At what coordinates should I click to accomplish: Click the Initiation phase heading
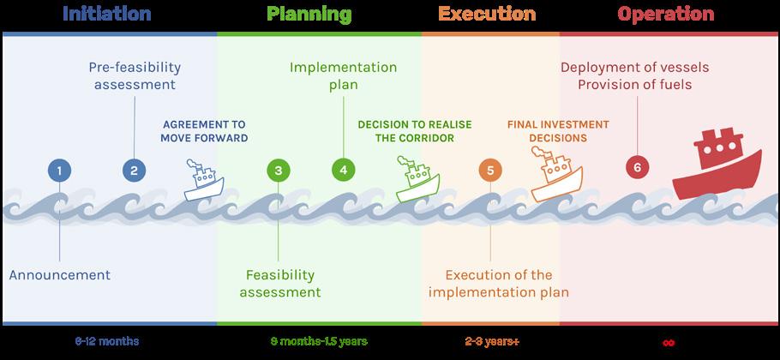pos(107,14)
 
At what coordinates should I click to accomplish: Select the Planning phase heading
pos(309,14)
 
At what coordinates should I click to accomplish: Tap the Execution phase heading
pos(486,14)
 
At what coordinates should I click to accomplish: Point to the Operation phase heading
pos(665,14)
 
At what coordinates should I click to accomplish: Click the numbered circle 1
pos(59,170)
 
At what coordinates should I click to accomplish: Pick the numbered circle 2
pos(134,170)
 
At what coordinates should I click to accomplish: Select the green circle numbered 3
pos(279,170)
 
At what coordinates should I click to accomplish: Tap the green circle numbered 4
pos(343,170)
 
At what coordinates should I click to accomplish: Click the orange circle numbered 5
pos(490,170)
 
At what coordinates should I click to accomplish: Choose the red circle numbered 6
pos(636,166)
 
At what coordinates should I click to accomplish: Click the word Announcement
pos(60,275)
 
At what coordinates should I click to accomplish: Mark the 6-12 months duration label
pos(107,341)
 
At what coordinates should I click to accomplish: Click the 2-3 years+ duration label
pos(492,341)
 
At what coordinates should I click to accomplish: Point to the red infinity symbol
pos(669,342)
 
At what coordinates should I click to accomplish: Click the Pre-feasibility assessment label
pos(135,75)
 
